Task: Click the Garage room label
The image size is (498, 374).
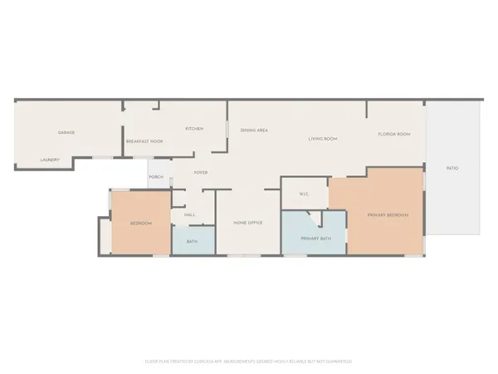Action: (66, 133)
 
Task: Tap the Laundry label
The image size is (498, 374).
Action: (50, 160)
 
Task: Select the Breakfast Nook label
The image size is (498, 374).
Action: (144, 142)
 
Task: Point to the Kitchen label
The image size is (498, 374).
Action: (194, 129)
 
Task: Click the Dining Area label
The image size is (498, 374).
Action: (253, 130)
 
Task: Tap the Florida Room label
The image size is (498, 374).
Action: (392, 134)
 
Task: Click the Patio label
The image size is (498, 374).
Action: (452, 169)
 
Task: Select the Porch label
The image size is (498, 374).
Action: (156, 177)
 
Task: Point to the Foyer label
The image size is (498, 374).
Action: (200, 173)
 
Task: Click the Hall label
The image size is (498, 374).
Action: (189, 214)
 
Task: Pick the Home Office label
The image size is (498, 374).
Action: (247, 223)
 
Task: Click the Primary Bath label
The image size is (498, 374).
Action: (315, 238)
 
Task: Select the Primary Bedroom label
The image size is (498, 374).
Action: (388, 215)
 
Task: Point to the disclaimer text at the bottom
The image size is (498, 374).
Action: (249, 362)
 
